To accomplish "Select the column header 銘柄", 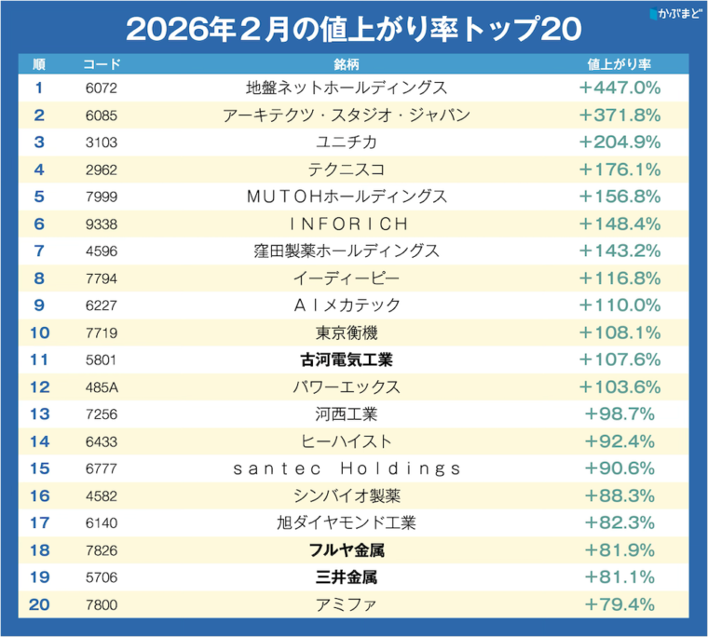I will (347, 64).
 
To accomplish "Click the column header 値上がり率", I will (619, 64).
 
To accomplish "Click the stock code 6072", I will (101, 88).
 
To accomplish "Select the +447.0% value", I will (619, 88).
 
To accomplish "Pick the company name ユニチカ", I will (347, 142).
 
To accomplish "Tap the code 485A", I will (101, 386).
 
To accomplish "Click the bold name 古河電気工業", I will (347, 359).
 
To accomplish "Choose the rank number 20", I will (38, 604).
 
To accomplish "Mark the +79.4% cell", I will (619, 604).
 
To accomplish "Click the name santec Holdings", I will (347, 468).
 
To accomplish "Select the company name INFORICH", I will (347, 224).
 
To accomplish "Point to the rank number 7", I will (38, 251).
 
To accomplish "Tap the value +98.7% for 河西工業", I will (619, 413).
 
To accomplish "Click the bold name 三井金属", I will (347, 577).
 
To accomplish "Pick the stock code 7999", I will (101, 197).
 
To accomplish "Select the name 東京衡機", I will (347, 332).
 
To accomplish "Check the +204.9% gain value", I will (619, 142).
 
